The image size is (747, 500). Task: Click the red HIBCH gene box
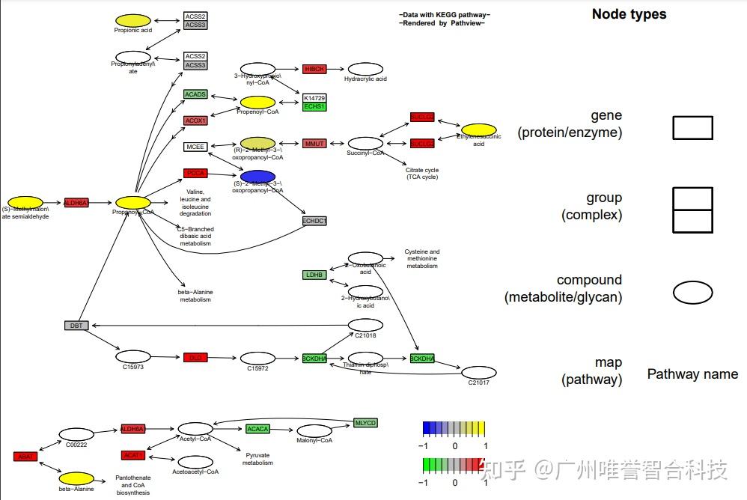click(314, 69)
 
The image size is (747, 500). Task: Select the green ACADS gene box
click(195, 95)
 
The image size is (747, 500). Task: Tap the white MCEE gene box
click(195, 147)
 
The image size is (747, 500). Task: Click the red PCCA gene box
click(195, 174)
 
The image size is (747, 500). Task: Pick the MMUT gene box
click(314, 144)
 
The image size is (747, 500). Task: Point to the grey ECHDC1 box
click(314, 221)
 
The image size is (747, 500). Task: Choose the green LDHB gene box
click(314, 275)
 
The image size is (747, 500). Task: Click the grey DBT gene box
click(76, 326)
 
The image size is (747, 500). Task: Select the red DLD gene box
click(195, 358)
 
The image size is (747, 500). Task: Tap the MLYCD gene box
click(365, 423)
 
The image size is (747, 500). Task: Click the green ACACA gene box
click(257, 429)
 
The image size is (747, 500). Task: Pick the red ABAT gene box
click(25, 457)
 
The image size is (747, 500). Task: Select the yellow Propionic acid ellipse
click(132, 20)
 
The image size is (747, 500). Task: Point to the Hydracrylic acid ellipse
click(365, 69)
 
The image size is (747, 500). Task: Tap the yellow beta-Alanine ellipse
click(76, 478)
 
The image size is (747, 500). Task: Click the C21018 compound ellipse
click(365, 325)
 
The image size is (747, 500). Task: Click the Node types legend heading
click(629, 14)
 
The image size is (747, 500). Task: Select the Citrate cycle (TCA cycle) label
click(422, 174)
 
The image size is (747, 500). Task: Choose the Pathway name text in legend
click(692, 374)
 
